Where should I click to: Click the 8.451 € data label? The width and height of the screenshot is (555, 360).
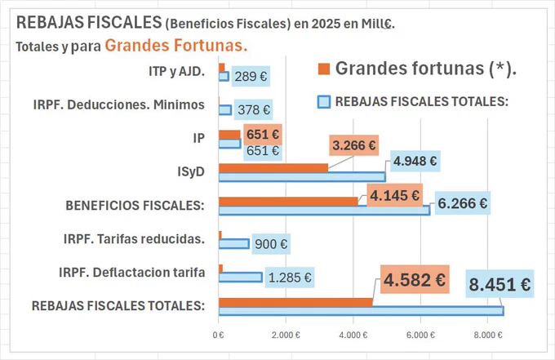[499, 284]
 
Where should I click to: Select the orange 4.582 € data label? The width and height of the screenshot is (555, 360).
[415, 279]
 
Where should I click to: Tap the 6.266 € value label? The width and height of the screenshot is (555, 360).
[462, 203]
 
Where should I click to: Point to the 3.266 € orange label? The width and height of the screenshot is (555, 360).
[354, 145]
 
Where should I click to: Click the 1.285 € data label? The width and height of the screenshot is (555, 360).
[290, 278]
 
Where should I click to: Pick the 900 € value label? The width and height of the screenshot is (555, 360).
[271, 244]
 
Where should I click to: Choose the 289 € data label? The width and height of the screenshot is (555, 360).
[251, 76]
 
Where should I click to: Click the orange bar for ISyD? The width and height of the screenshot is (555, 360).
[273, 168]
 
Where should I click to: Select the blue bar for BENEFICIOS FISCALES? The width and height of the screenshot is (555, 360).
[325, 211]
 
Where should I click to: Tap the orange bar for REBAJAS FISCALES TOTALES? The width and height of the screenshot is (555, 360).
[295, 302]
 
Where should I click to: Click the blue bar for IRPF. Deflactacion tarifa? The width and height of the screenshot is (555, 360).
[241, 278]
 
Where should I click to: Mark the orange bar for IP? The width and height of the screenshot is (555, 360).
[229, 135]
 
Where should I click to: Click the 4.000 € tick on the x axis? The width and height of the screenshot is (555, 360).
[353, 335]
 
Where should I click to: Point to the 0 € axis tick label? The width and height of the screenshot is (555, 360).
[219, 335]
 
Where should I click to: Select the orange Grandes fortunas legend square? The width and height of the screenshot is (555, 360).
[324, 69]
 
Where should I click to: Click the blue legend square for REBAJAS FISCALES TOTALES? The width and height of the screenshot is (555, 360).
[324, 101]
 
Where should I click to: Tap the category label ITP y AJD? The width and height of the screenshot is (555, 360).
[176, 72]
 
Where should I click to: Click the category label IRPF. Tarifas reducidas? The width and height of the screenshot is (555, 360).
[134, 239]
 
